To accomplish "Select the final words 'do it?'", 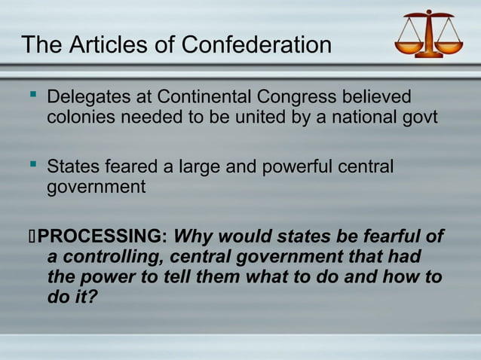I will (x=72, y=297).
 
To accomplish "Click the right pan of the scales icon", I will (x=449, y=47).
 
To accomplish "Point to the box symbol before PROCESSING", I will (x=31, y=236).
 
